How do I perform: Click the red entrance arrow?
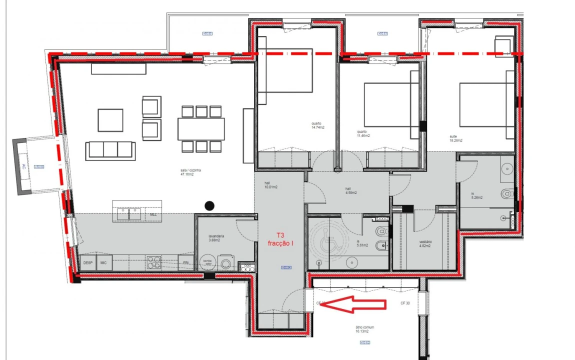(x=352, y=303)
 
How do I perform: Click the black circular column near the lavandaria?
(x=210, y=205)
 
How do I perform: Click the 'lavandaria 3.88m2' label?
(x=216, y=238)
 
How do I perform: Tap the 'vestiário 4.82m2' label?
(x=425, y=243)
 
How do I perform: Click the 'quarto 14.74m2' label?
(x=316, y=125)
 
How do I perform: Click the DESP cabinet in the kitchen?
(x=88, y=262)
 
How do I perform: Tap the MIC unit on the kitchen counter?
(x=104, y=262)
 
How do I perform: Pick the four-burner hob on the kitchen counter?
(x=153, y=262)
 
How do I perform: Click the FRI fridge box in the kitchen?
(x=185, y=262)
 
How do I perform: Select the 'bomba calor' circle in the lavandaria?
(x=206, y=262)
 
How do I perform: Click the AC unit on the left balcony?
(x=23, y=166)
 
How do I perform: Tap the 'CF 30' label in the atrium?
(x=405, y=303)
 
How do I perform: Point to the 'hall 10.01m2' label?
(x=270, y=185)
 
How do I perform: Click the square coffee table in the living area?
(x=110, y=120)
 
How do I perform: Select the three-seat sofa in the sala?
(x=110, y=150)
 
